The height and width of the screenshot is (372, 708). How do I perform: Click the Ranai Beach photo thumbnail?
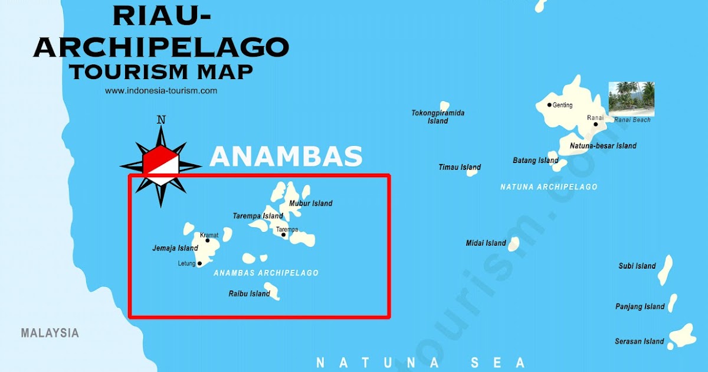coord(631,99)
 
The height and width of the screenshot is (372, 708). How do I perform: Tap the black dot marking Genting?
coord(549,105)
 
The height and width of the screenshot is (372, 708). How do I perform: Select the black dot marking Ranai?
coord(596,125)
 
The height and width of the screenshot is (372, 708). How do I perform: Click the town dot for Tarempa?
coord(283,235)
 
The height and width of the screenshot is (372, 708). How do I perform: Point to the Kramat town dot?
coord(207,240)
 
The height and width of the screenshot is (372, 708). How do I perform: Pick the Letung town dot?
coord(199,263)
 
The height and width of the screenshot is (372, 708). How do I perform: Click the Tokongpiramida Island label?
coord(438,117)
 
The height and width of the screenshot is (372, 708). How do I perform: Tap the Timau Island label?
coord(460,167)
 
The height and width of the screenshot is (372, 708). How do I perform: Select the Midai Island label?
coord(486,243)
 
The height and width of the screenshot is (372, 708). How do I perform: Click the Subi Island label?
coord(637,266)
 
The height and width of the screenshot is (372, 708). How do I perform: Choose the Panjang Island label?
coord(640,306)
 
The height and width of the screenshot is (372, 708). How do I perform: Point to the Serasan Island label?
coord(639,341)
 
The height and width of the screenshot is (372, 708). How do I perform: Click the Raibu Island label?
coord(249,293)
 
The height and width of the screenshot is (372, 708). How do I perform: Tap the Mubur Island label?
coord(310,204)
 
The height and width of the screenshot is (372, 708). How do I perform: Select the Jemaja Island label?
coord(175,248)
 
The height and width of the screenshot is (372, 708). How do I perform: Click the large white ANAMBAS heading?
coord(286,156)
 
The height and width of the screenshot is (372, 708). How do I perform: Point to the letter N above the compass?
coord(160,120)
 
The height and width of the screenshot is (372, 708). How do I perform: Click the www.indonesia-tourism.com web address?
coord(161,91)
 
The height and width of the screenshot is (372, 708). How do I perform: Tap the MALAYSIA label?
coord(50,333)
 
